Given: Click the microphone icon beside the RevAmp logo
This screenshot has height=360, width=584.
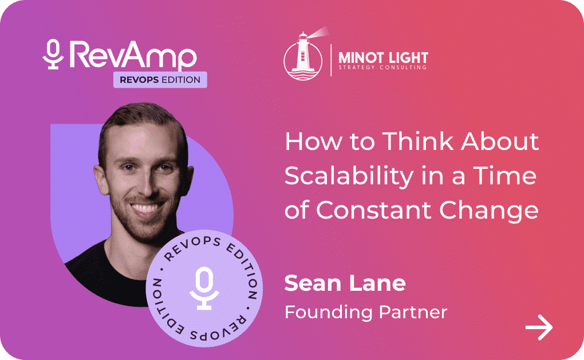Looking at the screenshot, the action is coord(53,54).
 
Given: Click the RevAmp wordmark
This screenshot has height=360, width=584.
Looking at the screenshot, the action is coord(133,55).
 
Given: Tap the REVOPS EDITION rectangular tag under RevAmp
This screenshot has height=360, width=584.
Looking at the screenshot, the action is coord(160,80).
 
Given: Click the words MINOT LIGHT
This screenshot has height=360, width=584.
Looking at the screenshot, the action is coord(383,58).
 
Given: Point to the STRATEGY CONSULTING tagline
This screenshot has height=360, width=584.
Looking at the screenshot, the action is coord(382,68).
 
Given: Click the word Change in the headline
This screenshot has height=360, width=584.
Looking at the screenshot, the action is coord(489,211).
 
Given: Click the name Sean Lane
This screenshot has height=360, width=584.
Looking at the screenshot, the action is coord(345,283).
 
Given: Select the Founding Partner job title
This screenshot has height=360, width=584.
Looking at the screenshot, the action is coord(366,312).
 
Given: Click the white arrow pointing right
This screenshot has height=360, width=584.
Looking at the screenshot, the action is coord(539,327).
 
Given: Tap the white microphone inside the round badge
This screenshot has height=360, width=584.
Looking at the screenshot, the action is coord(204,288).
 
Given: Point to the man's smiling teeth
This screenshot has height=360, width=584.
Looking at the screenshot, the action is coord(145,208).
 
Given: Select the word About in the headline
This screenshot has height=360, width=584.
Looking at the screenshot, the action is coord(500,141).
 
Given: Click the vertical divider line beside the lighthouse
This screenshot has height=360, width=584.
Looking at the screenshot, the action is coord(331,60).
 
